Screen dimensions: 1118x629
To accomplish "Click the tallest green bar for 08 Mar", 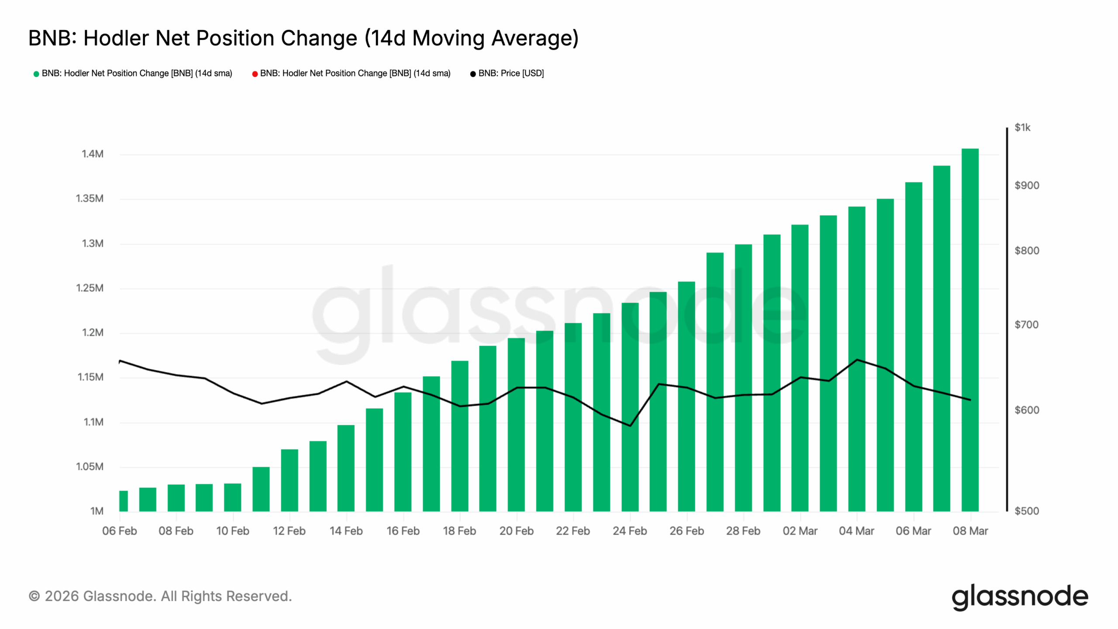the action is (970, 330).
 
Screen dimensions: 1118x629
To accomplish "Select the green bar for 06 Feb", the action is (124, 501).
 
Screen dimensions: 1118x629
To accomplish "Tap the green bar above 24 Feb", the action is (630, 407).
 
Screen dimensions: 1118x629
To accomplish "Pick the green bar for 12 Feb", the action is (290, 480).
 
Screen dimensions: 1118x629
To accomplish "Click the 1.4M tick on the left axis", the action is (93, 154).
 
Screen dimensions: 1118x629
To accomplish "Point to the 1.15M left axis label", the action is (90, 377).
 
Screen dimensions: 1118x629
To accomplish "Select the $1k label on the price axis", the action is (1022, 128).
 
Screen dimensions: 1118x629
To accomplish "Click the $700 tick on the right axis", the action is (1026, 325).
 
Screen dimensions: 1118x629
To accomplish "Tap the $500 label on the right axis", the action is (1026, 511).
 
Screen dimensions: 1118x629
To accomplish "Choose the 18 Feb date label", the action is (459, 531).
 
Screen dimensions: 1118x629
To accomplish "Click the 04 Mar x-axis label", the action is (856, 531).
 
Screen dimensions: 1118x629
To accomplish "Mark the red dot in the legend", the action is (255, 74).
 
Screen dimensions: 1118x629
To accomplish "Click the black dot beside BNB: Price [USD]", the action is (473, 74).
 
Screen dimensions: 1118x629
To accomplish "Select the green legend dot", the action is (36, 74).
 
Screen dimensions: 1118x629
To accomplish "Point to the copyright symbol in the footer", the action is (35, 596).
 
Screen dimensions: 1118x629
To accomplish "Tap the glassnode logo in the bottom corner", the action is (1020, 597).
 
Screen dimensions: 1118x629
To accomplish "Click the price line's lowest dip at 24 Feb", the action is (630, 425).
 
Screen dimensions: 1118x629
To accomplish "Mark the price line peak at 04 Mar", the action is (857, 360).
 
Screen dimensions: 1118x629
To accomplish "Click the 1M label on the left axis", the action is (97, 511).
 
